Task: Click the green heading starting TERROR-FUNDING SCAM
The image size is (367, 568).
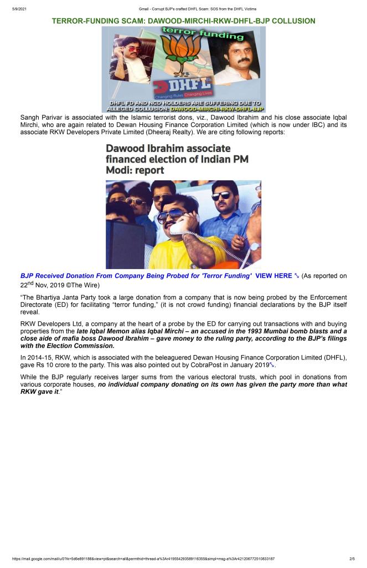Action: [183, 21]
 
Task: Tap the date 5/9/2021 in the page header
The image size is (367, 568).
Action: [19, 8]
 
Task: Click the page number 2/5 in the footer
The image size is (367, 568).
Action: [352, 559]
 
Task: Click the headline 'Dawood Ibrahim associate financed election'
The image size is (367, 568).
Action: [177, 159]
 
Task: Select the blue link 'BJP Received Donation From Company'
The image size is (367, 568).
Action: [136, 276]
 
